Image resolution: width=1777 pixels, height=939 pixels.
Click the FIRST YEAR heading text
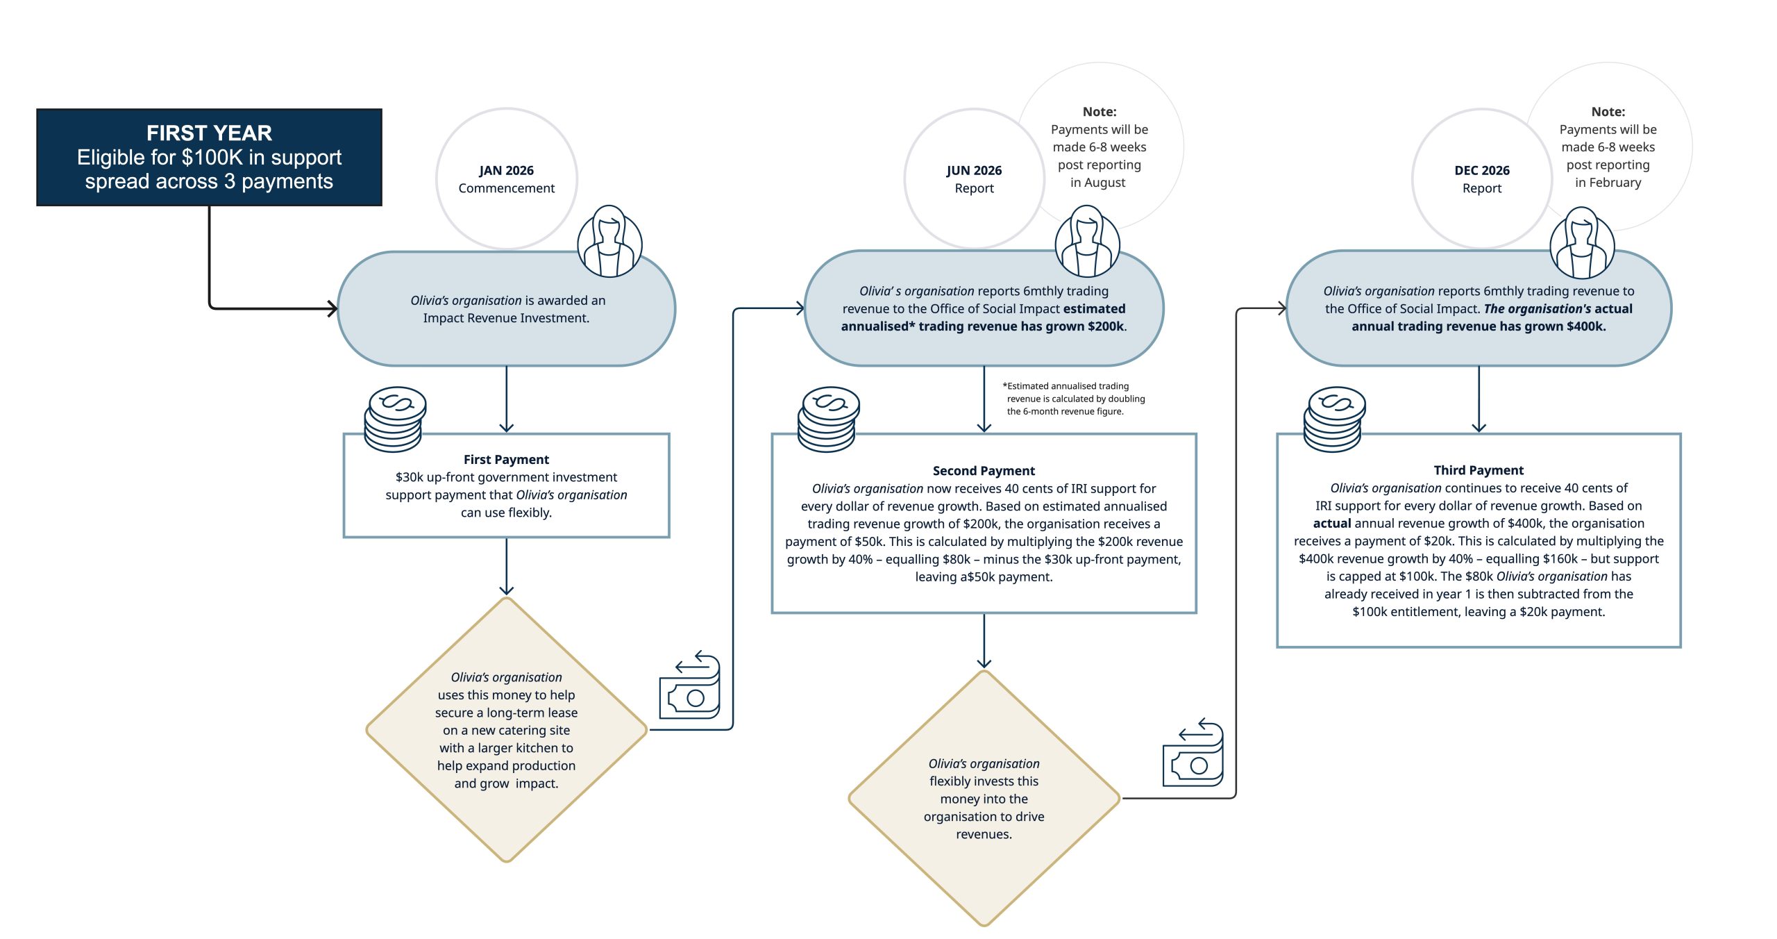pos(209,133)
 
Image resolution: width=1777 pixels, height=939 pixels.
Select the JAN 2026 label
pos(506,170)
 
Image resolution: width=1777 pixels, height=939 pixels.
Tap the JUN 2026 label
pos(974,170)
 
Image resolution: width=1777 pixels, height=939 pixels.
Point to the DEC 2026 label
pos(1482,170)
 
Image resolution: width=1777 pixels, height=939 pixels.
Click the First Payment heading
pos(506,459)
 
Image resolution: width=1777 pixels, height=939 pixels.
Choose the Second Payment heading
pos(984,470)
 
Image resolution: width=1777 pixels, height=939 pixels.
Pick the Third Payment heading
pos(1479,470)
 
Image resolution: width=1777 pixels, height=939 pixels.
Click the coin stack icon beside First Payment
pos(395,419)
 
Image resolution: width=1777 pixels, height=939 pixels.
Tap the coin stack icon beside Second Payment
pos(828,419)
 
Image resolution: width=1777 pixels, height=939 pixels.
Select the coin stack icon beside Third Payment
pos(1334,419)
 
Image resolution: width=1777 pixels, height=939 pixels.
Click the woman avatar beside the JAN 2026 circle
pos(609,242)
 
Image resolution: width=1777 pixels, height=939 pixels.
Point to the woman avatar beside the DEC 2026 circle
pos(1582,243)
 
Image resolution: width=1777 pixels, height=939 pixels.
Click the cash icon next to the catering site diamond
pos(690,685)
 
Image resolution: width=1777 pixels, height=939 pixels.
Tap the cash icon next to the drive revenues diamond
pos(1193,753)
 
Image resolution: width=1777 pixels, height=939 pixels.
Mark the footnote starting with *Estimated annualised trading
pos(1073,399)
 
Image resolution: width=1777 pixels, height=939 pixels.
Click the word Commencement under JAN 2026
pos(506,188)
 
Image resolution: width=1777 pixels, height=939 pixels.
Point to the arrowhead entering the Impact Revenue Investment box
pos(332,308)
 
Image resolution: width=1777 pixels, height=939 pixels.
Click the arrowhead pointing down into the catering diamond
pos(506,590)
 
